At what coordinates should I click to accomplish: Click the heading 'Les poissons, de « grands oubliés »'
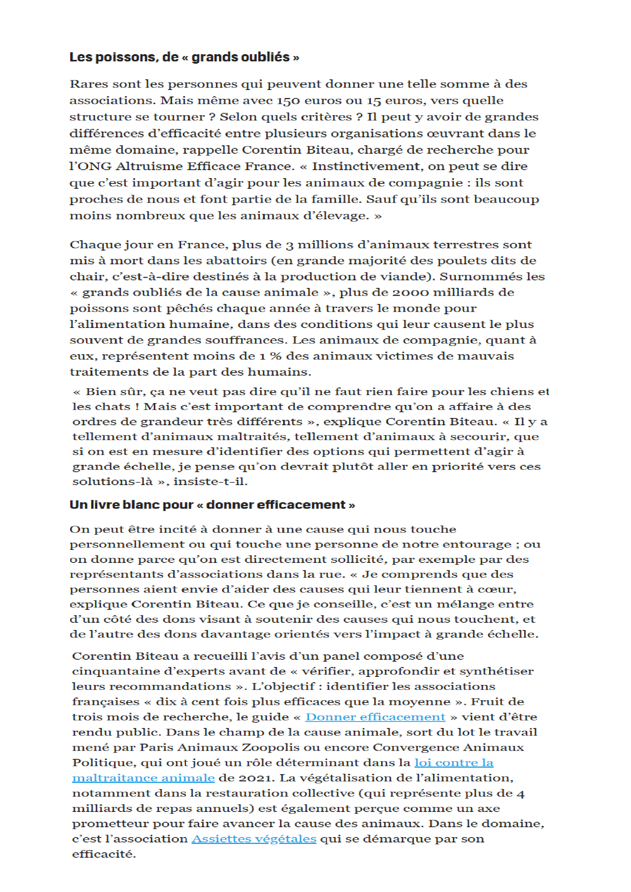point(184,58)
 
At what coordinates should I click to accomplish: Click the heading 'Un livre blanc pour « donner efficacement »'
point(212,505)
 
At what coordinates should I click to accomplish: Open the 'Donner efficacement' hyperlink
point(375,717)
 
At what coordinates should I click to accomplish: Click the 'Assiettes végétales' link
point(254,839)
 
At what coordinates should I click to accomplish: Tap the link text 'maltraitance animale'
point(143,778)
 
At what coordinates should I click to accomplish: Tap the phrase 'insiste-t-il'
point(210,481)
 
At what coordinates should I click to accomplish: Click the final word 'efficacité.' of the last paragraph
point(104,854)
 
